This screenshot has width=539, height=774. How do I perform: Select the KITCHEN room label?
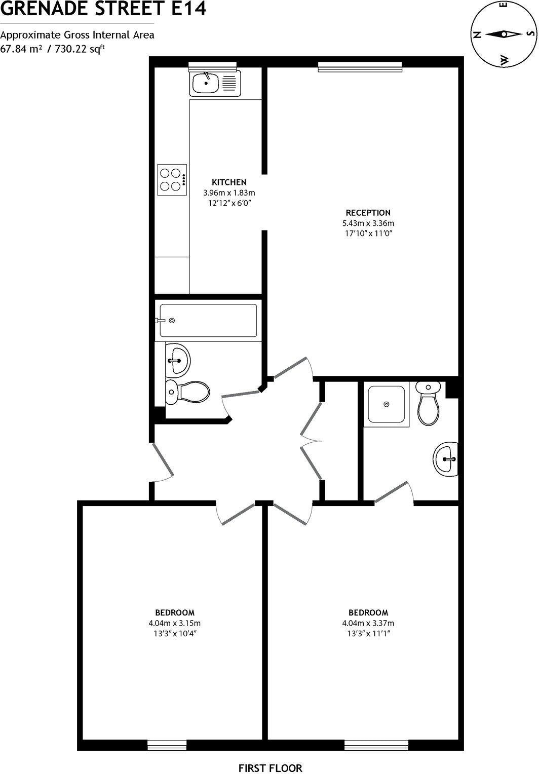pos(229,182)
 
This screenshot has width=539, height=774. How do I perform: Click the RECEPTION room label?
pos(368,213)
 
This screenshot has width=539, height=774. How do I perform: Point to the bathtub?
pos(208,321)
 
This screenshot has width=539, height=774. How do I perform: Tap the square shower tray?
pos(387,404)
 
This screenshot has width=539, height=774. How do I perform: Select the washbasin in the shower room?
pos(446,459)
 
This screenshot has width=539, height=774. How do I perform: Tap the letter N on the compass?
pos(477,35)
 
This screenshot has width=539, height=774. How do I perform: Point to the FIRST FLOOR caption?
pos(270,768)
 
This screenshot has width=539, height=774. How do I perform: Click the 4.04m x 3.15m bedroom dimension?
pos(175,624)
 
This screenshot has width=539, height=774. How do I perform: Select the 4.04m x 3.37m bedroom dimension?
pos(368,624)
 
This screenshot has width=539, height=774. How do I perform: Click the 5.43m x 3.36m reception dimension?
pos(368,223)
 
